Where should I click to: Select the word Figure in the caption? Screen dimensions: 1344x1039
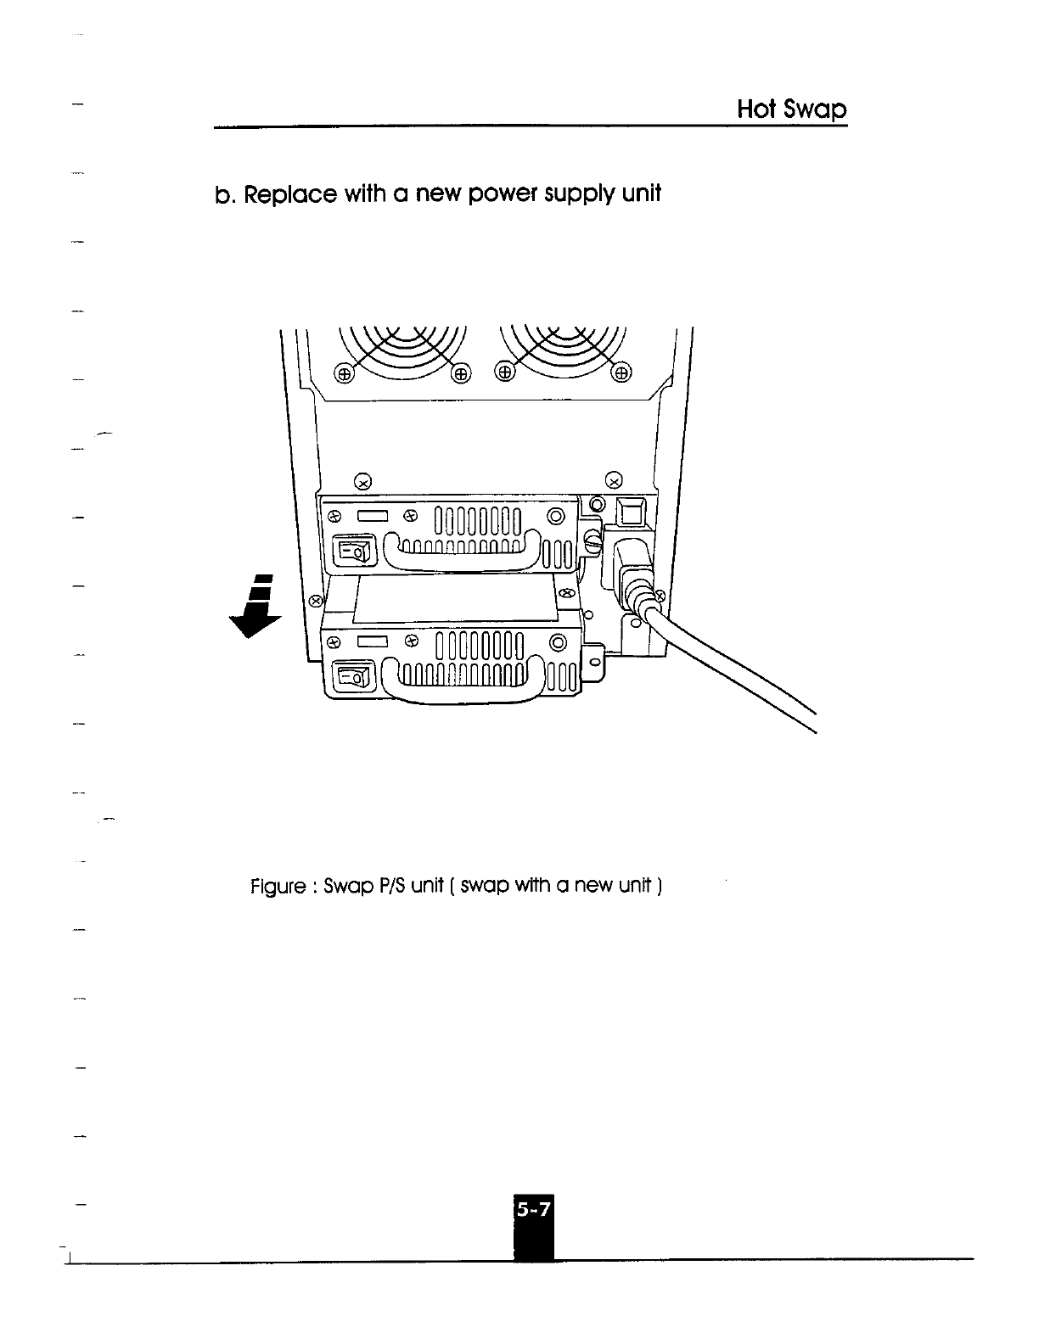pyautogui.click(x=278, y=887)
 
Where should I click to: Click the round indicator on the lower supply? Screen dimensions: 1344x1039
pyautogui.click(x=558, y=642)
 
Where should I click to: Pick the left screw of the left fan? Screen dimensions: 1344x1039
pyautogui.click(x=344, y=373)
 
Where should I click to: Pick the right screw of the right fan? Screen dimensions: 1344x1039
pyautogui.click(x=621, y=373)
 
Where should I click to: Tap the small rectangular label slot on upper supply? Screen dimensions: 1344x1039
pyautogui.click(x=373, y=515)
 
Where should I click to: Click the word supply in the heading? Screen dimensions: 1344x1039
pyautogui.click(x=573, y=194)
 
